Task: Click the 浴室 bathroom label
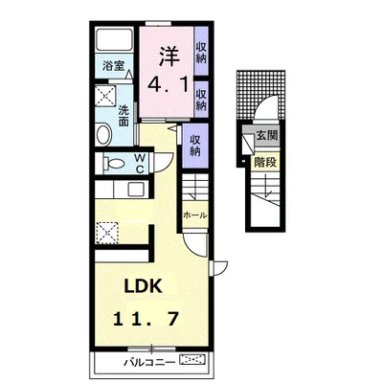(113, 66)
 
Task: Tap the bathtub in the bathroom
(114, 39)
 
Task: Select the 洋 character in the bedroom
(169, 56)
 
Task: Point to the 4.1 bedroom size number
(168, 84)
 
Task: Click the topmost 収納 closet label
(201, 53)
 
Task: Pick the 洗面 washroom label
(124, 116)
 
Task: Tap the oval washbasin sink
(103, 135)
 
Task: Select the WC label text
(140, 163)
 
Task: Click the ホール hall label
(194, 215)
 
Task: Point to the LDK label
(143, 286)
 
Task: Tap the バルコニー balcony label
(149, 362)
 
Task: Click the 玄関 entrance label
(267, 136)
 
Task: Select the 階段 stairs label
(265, 163)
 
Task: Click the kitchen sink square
(136, 190)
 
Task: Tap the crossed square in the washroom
(105, 95)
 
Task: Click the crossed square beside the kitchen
(106, 233)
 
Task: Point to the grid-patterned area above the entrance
(260, 94)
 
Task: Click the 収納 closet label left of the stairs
(194, 146)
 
